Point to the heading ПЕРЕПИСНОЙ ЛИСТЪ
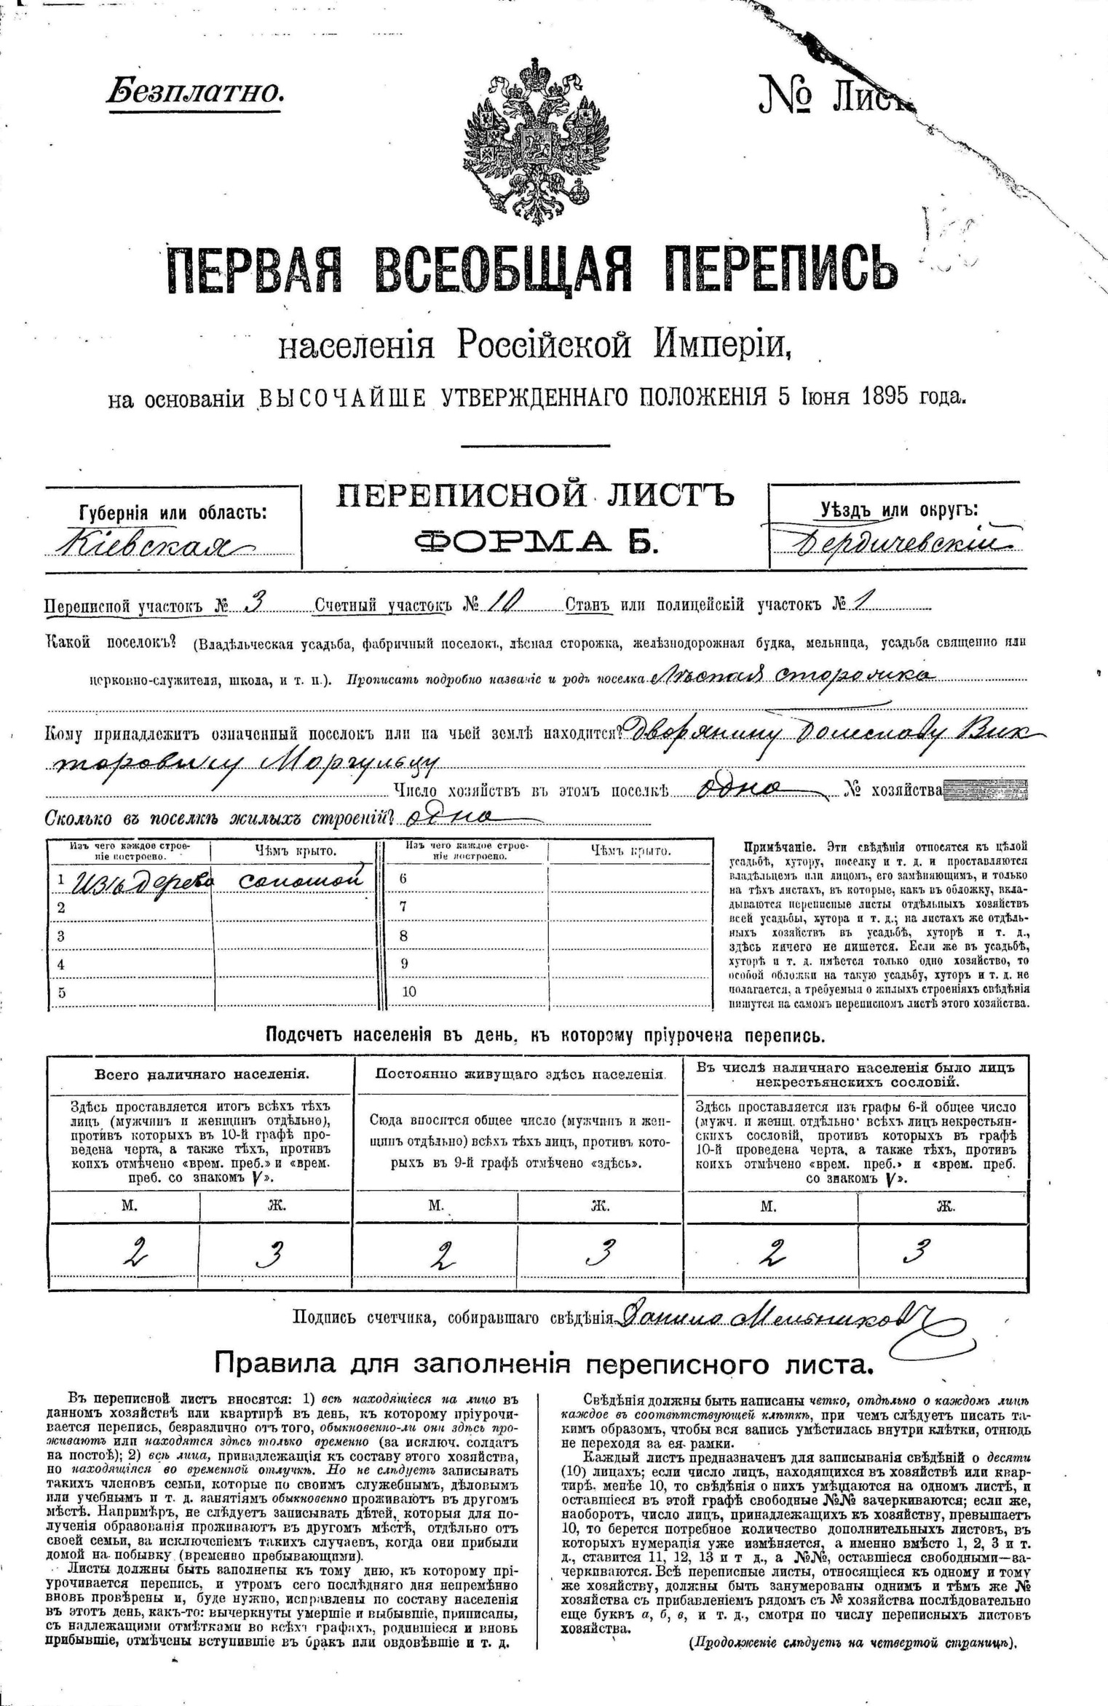(x=534, y=496)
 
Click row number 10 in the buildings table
(x=408, y=992)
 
